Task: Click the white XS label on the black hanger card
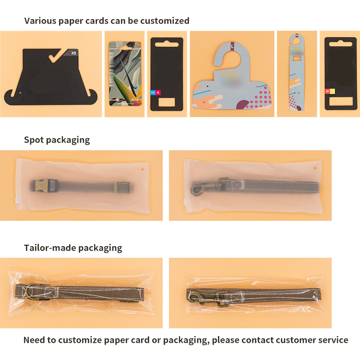73,53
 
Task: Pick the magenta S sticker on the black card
158,92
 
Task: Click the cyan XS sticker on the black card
153,92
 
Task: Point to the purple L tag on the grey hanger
233,47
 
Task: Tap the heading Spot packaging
57,140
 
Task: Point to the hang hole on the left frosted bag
142,169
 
